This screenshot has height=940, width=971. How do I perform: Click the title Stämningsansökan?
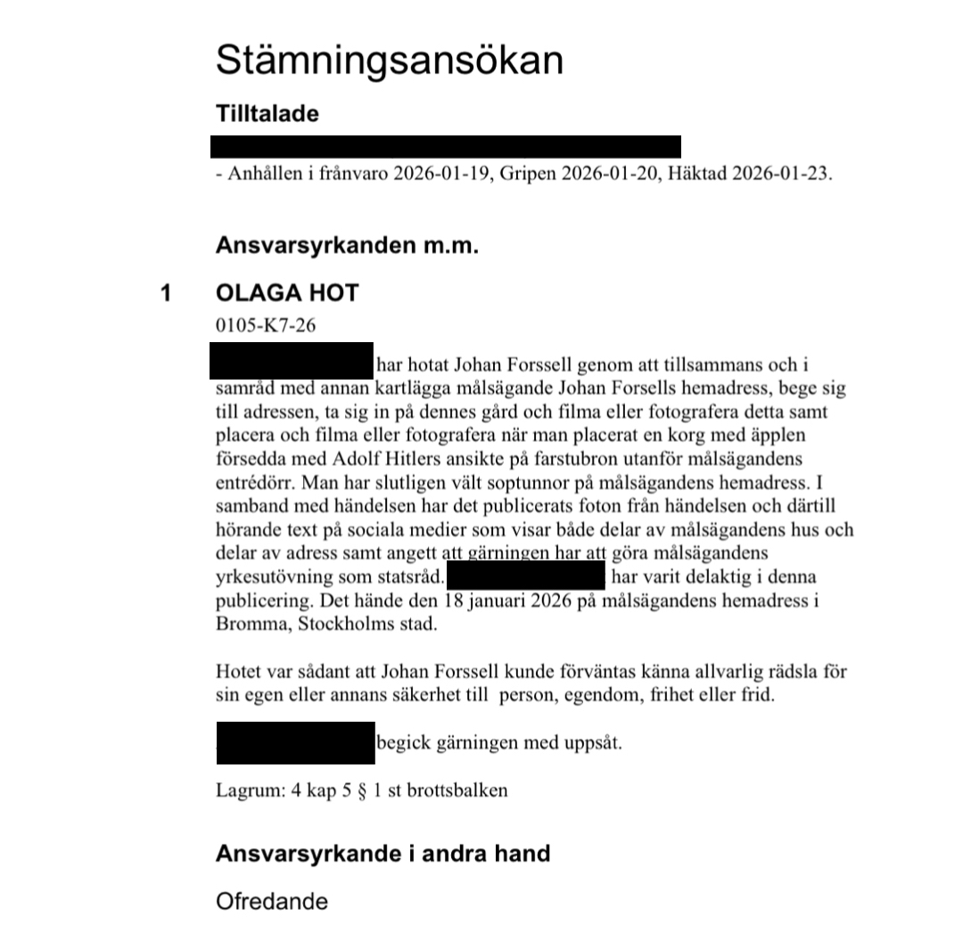390,61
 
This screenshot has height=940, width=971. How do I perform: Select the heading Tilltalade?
267,114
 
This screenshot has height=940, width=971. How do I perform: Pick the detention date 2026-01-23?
779,174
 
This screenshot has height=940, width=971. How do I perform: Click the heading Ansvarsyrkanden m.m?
347,247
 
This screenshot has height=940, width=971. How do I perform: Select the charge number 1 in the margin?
165,293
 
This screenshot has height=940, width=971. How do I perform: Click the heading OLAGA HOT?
286,293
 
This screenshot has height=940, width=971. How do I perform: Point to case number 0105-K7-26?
265,325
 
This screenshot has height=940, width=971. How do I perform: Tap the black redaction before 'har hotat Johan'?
292,361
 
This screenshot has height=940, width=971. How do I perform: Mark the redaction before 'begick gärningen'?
295,742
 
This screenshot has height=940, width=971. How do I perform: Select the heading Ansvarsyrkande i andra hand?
383,854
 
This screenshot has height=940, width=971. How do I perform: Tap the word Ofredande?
271,901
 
